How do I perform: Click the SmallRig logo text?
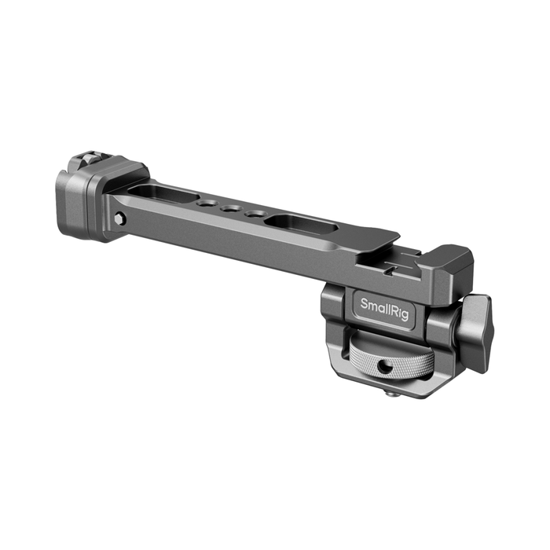pos(384,309)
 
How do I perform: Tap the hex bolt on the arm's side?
pos(120,218)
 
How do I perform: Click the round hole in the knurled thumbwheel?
pos(383,368)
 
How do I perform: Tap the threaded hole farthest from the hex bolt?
pos(255,214)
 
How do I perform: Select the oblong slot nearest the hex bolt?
pos(163,194)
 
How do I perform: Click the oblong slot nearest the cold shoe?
pos(302,225)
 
